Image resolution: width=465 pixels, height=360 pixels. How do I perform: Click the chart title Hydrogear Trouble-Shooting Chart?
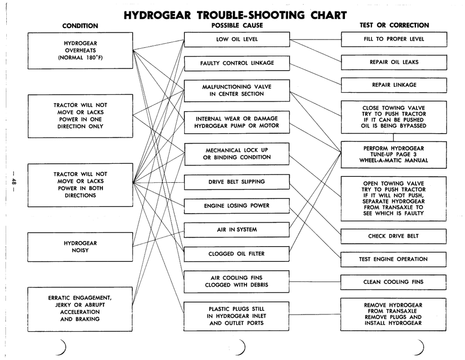(235, 15)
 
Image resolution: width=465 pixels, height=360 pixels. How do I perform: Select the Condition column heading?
(80, 26)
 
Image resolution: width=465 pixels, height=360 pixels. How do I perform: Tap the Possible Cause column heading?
(237, 25)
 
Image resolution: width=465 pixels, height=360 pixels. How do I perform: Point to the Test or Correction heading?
(394, 25)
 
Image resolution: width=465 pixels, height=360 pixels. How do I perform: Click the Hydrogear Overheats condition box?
(80, 50)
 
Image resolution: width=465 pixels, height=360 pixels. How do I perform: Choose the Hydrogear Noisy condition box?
(80, 247)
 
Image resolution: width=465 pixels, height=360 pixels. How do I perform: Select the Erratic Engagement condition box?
(80, 308)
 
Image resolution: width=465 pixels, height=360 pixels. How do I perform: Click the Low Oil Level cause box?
(237, 39)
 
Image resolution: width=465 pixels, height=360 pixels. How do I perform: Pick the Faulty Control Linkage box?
(237, 63)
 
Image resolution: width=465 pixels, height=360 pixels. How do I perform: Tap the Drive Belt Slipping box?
(237, 182)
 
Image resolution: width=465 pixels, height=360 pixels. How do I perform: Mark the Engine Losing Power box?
(237, 206)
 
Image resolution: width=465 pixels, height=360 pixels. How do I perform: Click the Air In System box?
(237, 229)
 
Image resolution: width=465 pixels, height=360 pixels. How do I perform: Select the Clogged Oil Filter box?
(237, 254)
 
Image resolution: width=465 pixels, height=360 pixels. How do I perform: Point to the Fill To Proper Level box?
(393, 39)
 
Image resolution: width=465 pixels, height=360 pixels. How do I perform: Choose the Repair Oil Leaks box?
(393, 62)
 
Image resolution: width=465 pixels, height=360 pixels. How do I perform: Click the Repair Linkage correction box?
(393, 85)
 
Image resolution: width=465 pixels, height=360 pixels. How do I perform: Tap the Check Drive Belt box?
(393, 236)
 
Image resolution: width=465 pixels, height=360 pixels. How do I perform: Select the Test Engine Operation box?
(393, 259)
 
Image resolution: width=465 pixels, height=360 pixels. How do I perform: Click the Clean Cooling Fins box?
(393, 282)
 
